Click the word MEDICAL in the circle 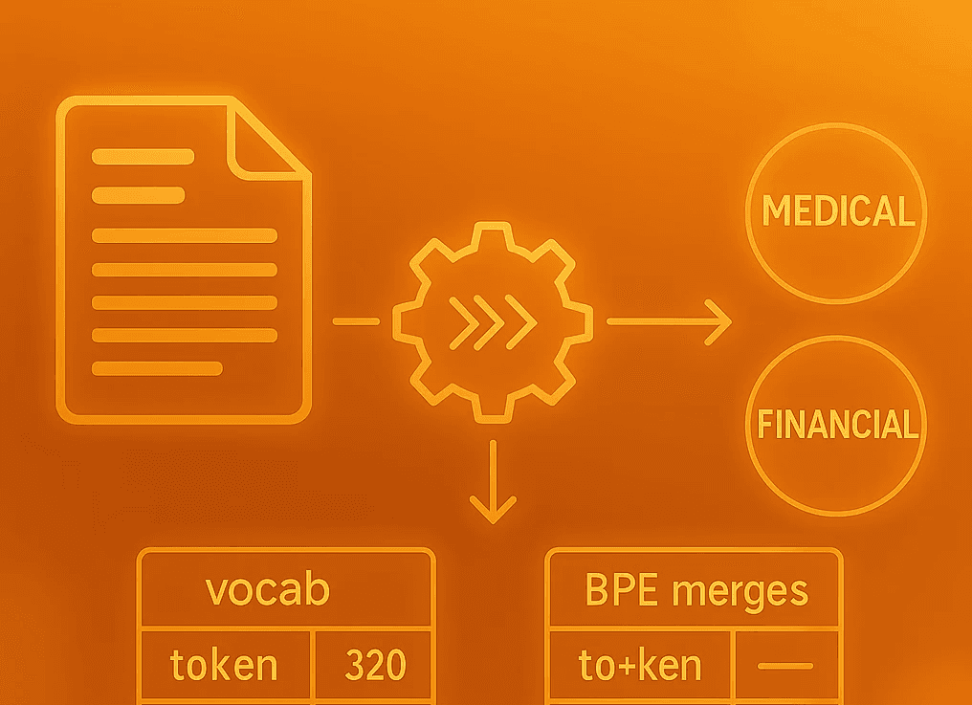pyautogui.click(x=836, y=211)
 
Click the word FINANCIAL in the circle pyautogui.click(x=836, y=424)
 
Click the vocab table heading pyautogui.click(x=268, y=589)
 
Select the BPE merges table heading pyautogui.click(x=696, y=590)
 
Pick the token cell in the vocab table pyautogui.click(x=224, y=664)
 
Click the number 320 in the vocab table pyautogui.click(x=375, y=664)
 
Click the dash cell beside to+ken pyautogui.click(x=786, y=665)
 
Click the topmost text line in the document pyautogui.click(x=143, y=157)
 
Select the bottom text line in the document pyautogui.click(x=157, y=367)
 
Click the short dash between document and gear pyautogui.click(x=356, y=321)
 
